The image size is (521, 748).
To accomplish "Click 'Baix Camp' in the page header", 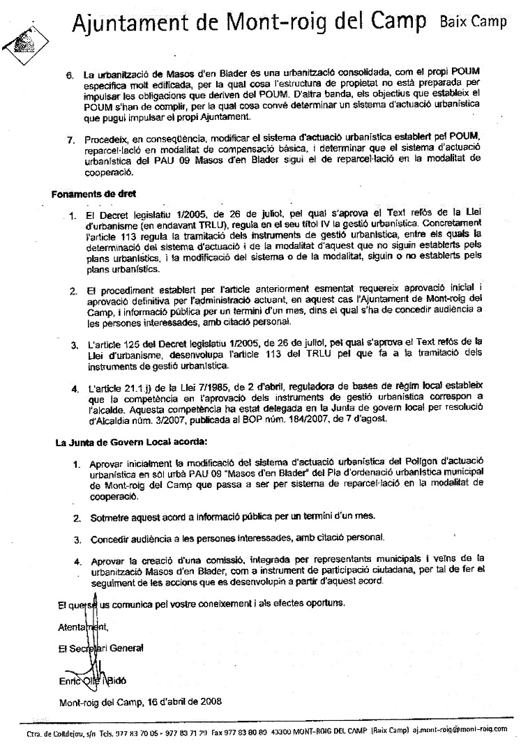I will pos(474,22).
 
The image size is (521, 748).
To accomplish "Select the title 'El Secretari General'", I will pos(101,648).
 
